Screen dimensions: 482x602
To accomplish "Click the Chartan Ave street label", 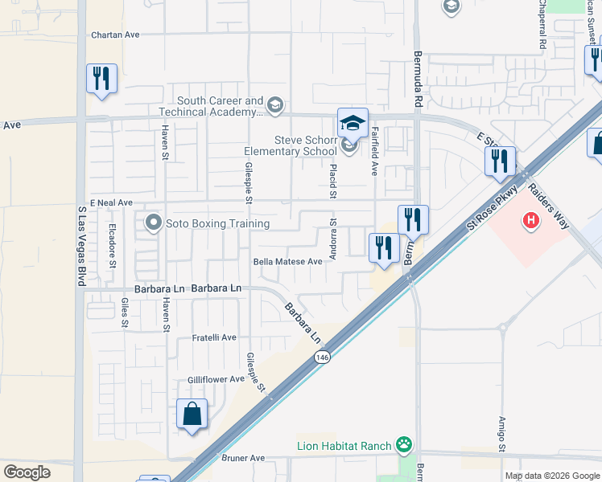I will click(x=115, y=35).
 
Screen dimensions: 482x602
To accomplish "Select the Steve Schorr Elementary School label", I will click(x=291, y=145).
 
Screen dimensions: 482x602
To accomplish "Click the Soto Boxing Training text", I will click(x=217, y=223).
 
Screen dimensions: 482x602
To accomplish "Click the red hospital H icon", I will click(x=530, y=219).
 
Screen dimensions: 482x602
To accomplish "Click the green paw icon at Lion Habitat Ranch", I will click(x=403, y=445).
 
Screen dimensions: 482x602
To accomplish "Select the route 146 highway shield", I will click(x=322, y=357).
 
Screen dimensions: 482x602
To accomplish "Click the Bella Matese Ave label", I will click(x=287, y=261).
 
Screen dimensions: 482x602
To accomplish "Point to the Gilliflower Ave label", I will click(x=215, y=379).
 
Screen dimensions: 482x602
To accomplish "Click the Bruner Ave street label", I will click(x=242, y=458).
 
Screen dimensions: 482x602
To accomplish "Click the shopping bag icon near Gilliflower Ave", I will click(x=192, y=415).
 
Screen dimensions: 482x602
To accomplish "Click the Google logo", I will click(x=27, y=472).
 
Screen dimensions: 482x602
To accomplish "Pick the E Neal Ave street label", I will click(x=110, y=203).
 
